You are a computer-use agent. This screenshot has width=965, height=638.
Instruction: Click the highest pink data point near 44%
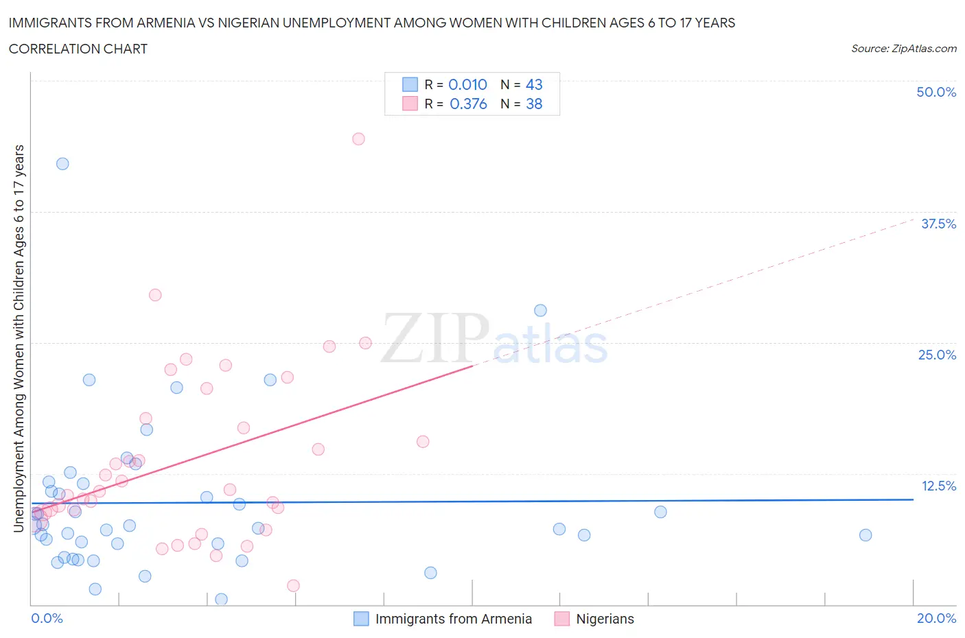(x=358, y=139)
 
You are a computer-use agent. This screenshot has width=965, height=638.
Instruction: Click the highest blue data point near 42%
(x=62, y=163)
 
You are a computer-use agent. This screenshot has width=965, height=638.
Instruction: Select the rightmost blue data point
(x=865, y=535)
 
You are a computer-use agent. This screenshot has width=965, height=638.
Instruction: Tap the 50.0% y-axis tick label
(x=936, y=92)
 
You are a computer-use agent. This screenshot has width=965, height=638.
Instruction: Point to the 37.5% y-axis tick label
(x=938, y=224)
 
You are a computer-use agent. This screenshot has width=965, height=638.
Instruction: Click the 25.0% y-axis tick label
(x=937, y=355)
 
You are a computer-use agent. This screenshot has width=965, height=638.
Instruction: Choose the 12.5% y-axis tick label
(x=938, y=486)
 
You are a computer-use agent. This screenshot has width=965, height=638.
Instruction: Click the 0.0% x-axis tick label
(x=47, y=618)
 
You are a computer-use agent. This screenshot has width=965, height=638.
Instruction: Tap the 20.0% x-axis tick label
(x=936, y=618)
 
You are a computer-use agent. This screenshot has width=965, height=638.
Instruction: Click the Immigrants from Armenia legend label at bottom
(x=453, y=619)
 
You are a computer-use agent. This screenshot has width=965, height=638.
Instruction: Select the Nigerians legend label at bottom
(x=605, y=619)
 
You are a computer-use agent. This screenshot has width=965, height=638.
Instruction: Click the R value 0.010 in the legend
(x=467, y=84)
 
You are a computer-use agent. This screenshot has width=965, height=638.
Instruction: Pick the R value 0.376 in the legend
(x=468, y=104)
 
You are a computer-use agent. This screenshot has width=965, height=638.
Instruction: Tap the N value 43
(x=534, y=84)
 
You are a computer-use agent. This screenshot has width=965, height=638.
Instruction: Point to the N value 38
(x=534, y=104)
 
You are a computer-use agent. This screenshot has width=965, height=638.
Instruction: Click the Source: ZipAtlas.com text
(x=903, y=48)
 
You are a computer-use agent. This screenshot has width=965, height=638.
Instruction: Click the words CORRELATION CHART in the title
(x=78, y=49)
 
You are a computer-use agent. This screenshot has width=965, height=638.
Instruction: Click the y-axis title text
(x=19, y=338)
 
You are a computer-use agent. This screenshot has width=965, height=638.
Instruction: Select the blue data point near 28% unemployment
(x=540, y=310)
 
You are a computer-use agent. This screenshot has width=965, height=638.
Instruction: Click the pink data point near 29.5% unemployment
(x=155, y=295)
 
